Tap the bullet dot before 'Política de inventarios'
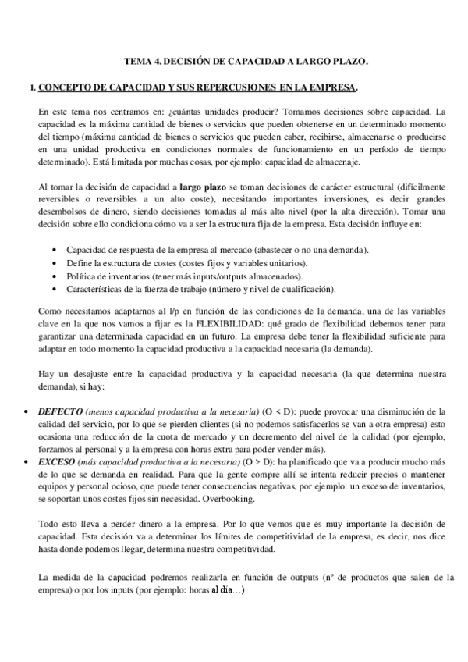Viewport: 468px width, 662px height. pos(52,276)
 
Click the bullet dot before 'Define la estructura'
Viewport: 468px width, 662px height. pos(52,262)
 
